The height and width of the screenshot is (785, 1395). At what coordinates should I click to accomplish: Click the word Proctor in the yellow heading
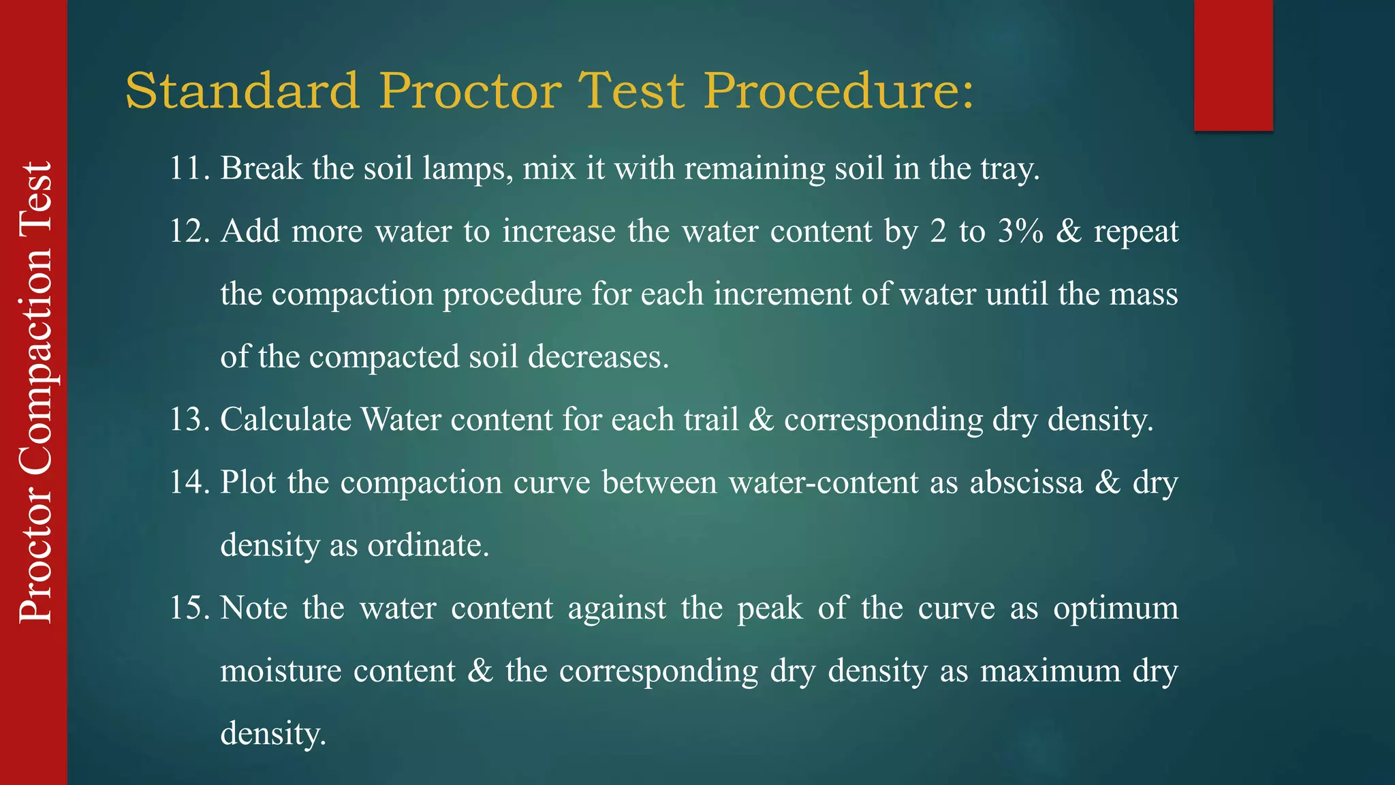470,91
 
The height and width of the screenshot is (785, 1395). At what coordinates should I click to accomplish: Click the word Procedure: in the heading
838,91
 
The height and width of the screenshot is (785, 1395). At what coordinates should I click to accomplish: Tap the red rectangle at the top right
1233,65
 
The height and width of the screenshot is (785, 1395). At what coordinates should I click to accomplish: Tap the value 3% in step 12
1020,231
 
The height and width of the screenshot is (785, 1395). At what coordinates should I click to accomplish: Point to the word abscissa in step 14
1026,482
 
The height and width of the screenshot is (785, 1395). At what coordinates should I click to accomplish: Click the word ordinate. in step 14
428,545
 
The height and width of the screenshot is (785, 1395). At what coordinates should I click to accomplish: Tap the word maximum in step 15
1050,671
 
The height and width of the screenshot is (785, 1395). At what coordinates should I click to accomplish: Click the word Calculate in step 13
285,419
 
